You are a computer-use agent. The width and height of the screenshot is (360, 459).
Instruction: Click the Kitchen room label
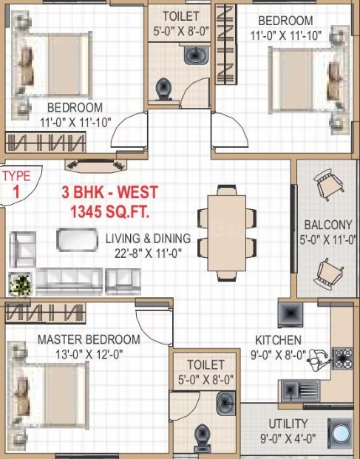(278, 340)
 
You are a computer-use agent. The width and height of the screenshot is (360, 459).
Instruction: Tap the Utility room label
(288, 424)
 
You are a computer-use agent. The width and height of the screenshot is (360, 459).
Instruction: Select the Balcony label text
(328, 225)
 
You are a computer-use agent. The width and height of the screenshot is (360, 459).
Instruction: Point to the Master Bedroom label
(89, 339)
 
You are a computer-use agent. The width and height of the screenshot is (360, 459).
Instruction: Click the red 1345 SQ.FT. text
(110, 211)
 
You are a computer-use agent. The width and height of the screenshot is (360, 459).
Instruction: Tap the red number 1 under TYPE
(16, 191)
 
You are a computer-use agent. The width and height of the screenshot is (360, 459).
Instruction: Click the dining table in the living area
(227, 233)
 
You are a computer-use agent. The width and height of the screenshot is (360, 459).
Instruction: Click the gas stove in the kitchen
(343, 358)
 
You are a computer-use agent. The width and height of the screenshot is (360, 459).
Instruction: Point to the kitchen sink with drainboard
(300, 391)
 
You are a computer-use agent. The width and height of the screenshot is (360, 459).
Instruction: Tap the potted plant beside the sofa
(20, 284)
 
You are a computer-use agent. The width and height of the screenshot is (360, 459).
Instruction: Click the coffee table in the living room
(78, 240)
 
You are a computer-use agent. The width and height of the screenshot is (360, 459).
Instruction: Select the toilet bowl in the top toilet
(163, 89)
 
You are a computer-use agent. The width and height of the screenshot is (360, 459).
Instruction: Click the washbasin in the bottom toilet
(225, 404)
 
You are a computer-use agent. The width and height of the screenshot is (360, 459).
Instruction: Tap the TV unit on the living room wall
(96, 166)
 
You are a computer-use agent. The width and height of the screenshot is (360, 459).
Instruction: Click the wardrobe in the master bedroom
(46, 313)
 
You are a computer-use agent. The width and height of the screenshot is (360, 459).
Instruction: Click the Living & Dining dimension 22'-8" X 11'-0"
(148, 253)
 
